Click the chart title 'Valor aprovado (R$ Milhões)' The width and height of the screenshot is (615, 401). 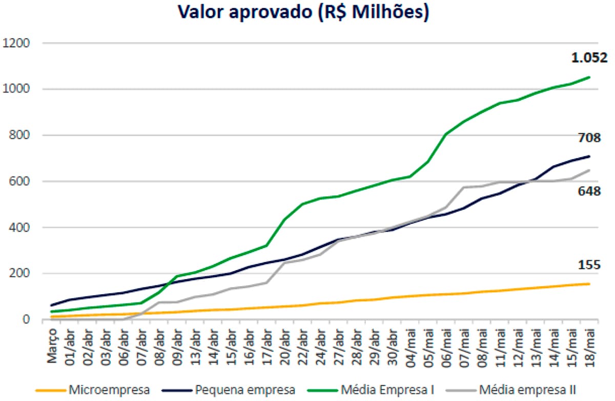tap(303, 13)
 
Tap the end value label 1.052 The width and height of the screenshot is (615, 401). tap(589, 58)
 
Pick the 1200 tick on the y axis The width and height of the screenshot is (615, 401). tap(17, 43)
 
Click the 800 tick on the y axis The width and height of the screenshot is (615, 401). tap(20, 136)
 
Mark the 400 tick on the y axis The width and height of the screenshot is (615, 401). tap(20, 227)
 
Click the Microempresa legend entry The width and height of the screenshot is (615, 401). tap(97, 390)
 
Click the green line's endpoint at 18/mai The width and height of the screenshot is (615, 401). tap(589, 77)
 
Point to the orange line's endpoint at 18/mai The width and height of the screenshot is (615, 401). tap(589, 284)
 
